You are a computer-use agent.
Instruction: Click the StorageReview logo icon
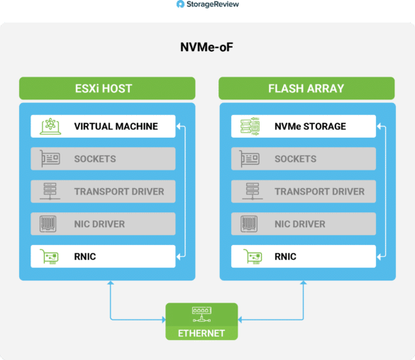point(180,4)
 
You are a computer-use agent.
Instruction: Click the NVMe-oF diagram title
point(206,47)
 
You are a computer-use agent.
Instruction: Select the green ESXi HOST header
point(107,88)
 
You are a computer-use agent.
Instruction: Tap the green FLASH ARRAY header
point(306,88)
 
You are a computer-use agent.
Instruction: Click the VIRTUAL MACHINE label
point(116,126)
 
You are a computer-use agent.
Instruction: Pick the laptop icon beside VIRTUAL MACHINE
point(50,126)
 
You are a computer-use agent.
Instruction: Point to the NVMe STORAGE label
point(310,126)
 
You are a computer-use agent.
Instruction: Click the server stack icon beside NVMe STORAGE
point(250,126)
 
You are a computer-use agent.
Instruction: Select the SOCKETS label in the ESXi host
point(95,159)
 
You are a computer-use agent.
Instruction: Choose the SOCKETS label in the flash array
point(295,159)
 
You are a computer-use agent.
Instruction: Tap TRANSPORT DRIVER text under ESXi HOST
point(119,192)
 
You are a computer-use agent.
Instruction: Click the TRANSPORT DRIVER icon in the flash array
point(253,191)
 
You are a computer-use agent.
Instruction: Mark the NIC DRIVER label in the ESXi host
point(99,224)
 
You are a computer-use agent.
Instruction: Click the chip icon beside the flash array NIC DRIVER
point(249,224)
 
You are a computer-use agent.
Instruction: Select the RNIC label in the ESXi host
point(85,256)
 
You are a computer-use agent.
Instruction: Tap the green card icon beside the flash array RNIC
point(253,256)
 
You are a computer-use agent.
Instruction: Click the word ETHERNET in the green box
point(201,333)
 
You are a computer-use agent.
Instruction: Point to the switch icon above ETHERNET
point(201,315)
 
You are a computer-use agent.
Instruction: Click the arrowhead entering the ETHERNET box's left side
point(164,320)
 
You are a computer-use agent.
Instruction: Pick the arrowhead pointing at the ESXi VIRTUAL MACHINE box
point(179,126)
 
